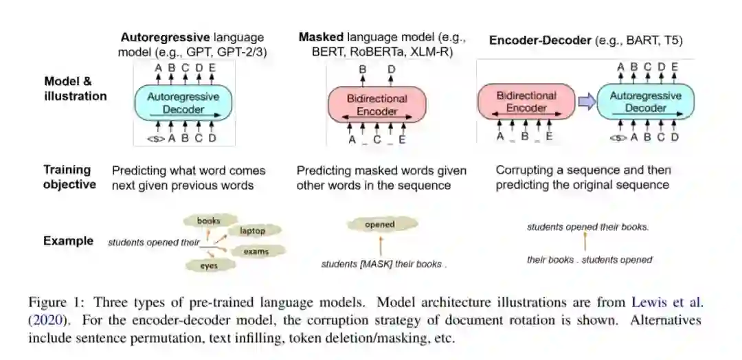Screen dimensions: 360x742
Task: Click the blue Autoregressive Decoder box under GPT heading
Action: (183, 103)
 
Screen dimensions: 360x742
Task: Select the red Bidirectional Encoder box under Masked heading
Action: (376, 104)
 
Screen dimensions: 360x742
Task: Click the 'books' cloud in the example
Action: (208, 221)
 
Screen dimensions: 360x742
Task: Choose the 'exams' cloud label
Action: (256, 251)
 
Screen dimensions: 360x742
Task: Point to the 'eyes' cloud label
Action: (209, 265)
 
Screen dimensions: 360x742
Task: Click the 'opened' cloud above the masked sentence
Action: (379, 225)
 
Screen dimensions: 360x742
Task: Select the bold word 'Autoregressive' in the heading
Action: (166, 38)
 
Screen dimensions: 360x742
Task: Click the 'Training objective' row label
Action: (69, 177)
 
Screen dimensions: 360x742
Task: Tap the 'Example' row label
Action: (68, 241)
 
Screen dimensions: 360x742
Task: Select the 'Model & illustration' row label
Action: (75, 89)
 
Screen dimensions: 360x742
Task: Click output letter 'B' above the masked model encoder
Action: (363, 69)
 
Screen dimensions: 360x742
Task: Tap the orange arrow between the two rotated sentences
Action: (585, 242)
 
